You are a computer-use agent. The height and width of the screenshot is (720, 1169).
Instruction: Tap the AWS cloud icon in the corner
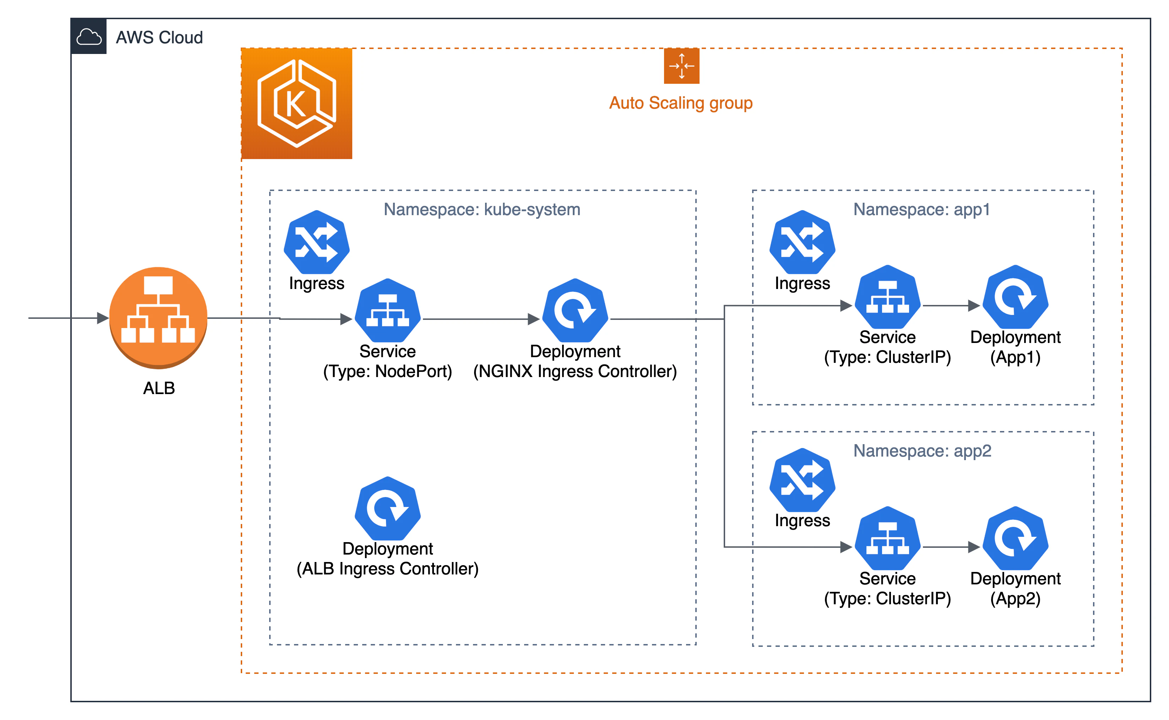tap(88, 37)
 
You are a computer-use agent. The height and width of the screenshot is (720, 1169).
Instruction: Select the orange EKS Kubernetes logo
tap(297, 103)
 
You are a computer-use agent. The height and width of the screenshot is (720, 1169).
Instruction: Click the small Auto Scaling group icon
tap(681, 66)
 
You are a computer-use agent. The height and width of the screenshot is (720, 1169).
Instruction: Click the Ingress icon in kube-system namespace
tap(317, 242)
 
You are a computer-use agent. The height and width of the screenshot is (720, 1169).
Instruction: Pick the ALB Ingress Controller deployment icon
tap(388, 508)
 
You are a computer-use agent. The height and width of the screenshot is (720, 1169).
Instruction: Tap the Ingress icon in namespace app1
tap(802, 242)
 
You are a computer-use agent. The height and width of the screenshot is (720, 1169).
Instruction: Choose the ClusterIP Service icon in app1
tap(888, 297)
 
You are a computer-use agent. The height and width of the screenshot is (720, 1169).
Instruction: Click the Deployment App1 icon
tap(1015, 297)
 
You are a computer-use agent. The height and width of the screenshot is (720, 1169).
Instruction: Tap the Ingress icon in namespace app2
tap(802, 480)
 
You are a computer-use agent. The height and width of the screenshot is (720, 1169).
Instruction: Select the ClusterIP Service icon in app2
tap(888, 538)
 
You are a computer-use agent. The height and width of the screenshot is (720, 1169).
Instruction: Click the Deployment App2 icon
tap(1015, 538)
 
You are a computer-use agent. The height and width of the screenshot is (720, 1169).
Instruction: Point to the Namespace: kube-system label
tap(482, 209)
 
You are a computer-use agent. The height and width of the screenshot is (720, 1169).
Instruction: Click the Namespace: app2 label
tap(922, 451)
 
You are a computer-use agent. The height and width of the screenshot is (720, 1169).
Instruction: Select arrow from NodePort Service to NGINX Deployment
tap(481, 319)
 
